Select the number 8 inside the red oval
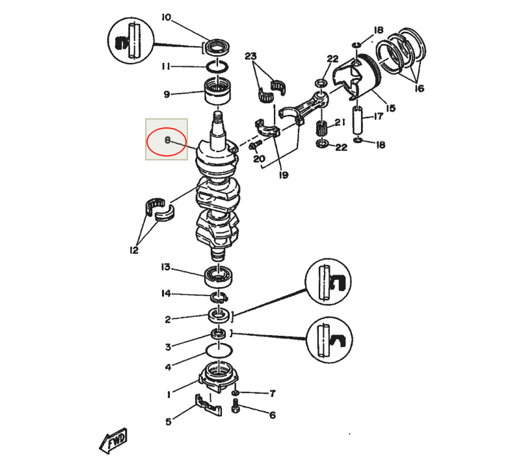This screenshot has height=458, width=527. [x=167, y=140]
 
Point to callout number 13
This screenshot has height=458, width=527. [x=166, y=267]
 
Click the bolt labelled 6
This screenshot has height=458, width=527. [x=236, y=409]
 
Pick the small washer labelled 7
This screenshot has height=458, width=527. [x=236, y=394]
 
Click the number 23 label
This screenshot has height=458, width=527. [x=251, y=57]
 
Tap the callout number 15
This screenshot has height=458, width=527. [x=390, y=108]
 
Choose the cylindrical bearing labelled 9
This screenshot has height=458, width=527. [x=219, y=91]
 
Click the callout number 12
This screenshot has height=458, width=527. [x=134, y=250]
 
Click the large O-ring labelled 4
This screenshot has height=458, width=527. [x=219, y=351]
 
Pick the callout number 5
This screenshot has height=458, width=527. [x=168, y=422]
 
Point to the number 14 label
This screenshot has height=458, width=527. [x=166, y=294]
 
